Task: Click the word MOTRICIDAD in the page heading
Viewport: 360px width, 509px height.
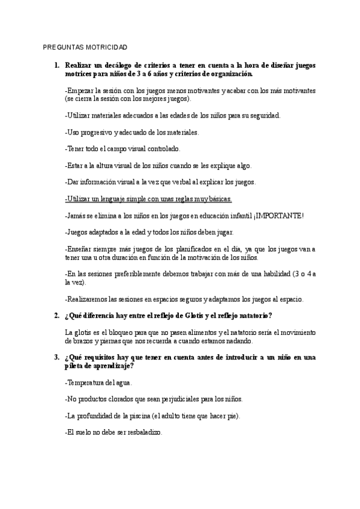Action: tap(106, 48)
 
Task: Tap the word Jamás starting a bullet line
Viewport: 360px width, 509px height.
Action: tap(76, 215)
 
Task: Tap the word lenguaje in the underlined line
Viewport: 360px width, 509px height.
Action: tap(121, 199)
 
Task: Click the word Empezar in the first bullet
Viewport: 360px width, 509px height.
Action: tap(80, 90)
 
